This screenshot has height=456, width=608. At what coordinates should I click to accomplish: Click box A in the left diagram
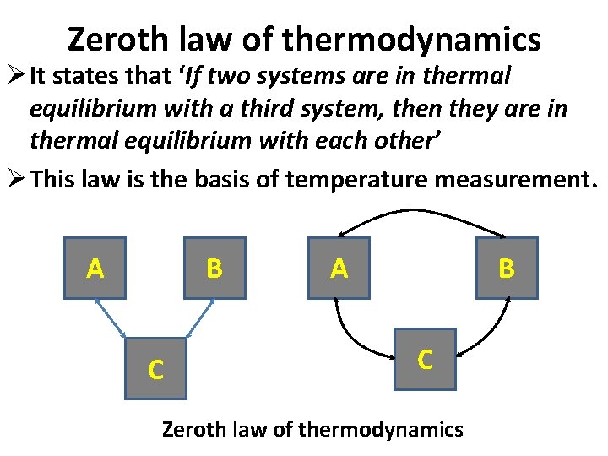click(x=95, y=269)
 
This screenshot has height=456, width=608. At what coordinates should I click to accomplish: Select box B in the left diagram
click(x=214, y=269)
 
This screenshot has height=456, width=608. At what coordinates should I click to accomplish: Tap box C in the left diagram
click(x=155, y=369)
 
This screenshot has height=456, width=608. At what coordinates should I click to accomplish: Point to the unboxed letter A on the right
click(x=339, y=269)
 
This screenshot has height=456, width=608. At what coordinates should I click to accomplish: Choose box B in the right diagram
click(x=507, y=269)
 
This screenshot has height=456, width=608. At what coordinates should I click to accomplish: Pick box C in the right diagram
click(x=425, y=359)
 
